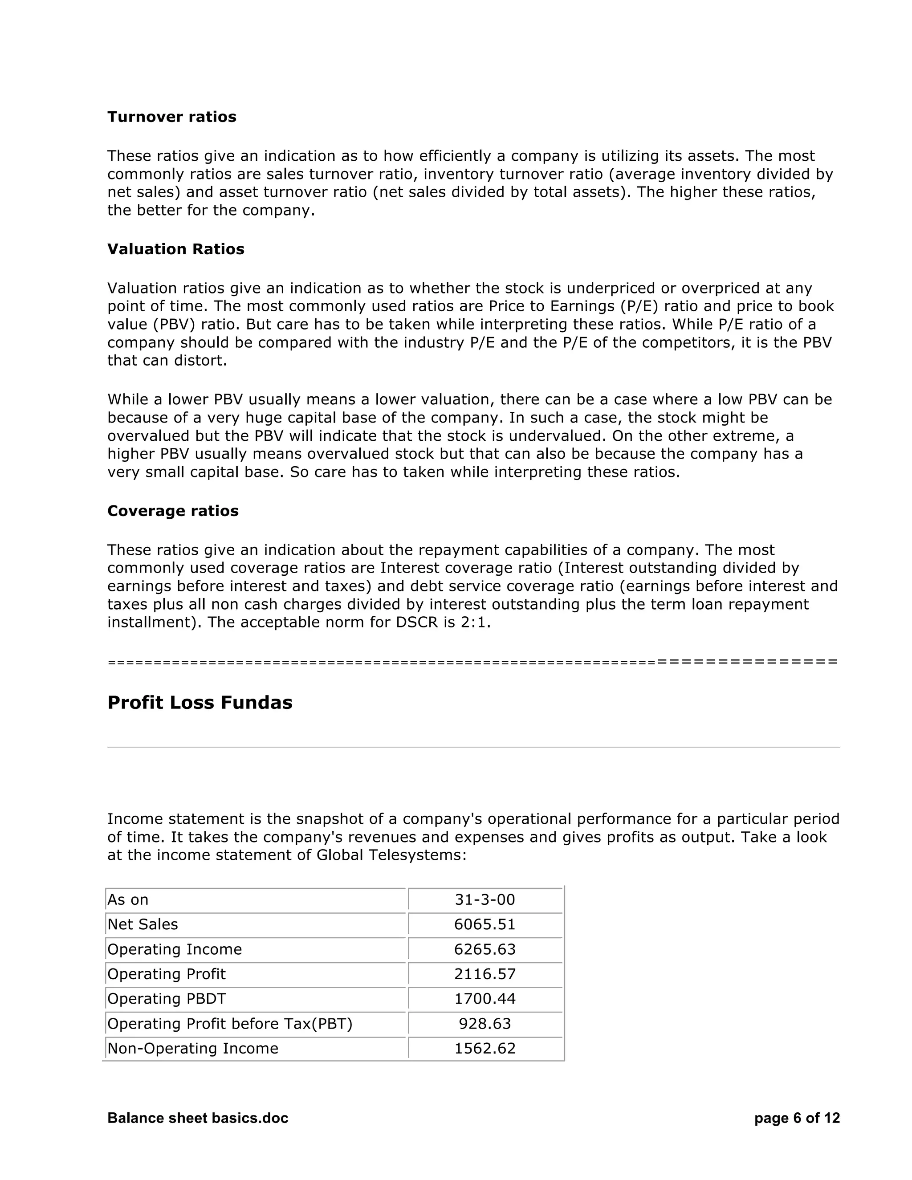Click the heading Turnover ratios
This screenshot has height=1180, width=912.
pos(172,117)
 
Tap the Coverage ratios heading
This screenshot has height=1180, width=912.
pos(173,511)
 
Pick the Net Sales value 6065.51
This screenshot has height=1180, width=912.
pos(484,924)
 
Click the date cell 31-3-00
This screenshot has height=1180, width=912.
pos(484,899)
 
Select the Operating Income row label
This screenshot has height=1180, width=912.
pos(175,949)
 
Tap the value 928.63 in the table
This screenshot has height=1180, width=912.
pos(484,1023)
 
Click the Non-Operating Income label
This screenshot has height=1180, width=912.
pos(193,1048)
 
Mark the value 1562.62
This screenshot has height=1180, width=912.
pos(484,1048)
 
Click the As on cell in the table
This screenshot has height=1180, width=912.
pos(128,899)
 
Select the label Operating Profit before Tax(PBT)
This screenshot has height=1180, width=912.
pos(230,1023)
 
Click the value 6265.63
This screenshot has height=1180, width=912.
pos(484,949)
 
